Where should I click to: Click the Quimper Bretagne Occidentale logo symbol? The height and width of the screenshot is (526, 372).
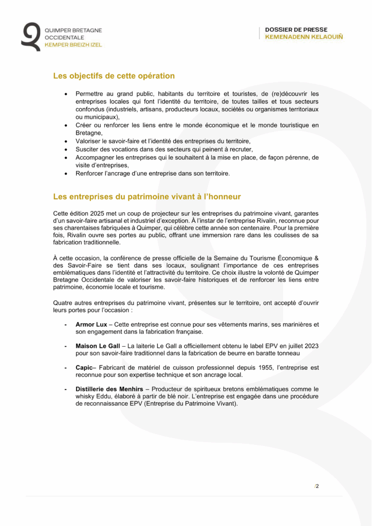pyautogui.click(x=30, y=36)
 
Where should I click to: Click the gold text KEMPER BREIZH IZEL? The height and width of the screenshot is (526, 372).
pyautogui.click(x=73, y=45)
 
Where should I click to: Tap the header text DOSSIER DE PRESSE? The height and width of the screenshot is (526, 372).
pyautogui.click(x=296, y=30)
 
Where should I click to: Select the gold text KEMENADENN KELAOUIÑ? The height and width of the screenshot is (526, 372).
pyautogui.click(x=304, y=37)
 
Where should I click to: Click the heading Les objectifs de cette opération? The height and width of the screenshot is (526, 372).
pyautogui.click(x=114, y=76)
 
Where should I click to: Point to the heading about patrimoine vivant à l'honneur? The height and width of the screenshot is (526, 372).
pyautogui.click(x=147, y=197)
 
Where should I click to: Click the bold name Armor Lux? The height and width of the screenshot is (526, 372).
pyautogui.click(x=91, y=325)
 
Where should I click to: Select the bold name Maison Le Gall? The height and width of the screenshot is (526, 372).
pyautogui.click(x=98, y=346)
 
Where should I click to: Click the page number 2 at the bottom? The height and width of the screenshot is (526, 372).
pyautogui.click(x=317, y=486)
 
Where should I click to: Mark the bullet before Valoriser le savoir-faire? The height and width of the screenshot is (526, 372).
pyautogui.click(x=65, y=141)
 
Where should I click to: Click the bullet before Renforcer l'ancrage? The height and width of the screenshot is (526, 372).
pyautogui.click(x=65, y=174)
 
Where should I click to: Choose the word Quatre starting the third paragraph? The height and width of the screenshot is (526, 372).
pyautogui.click(x=64, y=303)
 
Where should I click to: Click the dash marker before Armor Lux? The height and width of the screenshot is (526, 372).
pyautogui.click(x=65, y=325)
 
